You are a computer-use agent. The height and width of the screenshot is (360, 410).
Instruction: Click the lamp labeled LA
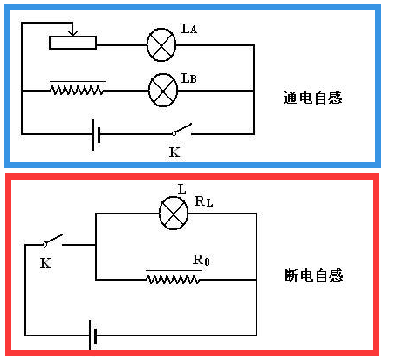click(x=161, y=44)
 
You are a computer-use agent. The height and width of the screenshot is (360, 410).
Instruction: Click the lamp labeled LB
click(x=163, y=89)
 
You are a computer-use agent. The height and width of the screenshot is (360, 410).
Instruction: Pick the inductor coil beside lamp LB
click(x=78, y=88)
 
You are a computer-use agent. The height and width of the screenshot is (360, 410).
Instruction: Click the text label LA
click(x=189, y=30)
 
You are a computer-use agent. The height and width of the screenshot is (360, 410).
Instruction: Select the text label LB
click(x=189, y=78)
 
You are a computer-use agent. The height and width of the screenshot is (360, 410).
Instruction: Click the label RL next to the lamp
click(x=203, y=201)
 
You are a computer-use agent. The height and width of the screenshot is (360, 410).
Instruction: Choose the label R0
click(x=202, y=261)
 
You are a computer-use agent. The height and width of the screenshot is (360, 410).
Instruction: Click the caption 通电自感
click(x=313, y=98)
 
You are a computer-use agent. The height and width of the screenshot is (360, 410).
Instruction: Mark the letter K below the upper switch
click(x=174, y=152)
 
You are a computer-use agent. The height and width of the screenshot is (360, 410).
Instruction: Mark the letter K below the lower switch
click(x=44, y=262)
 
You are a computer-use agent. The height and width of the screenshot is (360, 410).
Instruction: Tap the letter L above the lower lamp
click(x=181, y=188)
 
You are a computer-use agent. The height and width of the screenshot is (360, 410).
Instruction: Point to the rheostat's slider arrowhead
click(x=73, y=34)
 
